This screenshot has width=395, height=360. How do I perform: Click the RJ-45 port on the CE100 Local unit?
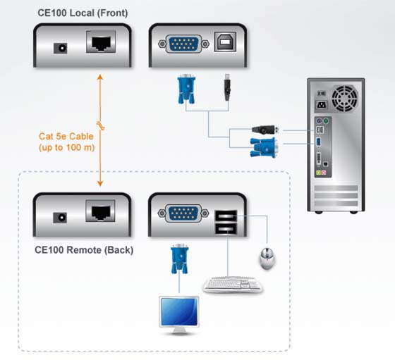click(x=101, y=42)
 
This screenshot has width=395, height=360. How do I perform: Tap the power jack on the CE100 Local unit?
click(x=61, y=48)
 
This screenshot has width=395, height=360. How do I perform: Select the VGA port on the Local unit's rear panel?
click(x=183, y=44)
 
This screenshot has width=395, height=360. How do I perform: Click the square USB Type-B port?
click(x=225, y=42)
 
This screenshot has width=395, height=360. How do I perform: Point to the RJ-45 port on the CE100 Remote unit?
click(x=100, y=211)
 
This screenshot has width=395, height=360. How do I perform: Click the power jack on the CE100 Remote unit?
click(x=60, y=218)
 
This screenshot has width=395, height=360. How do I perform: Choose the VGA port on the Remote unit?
click(x=183, y=213)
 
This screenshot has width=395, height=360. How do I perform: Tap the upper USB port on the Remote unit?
click(x=226, y=216)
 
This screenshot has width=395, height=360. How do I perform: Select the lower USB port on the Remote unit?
click(x=226, y=229)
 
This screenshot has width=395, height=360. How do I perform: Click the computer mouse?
click(x=267, y=259)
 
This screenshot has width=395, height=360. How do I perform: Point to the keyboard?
click(x=233, y=285)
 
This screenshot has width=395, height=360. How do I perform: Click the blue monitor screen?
click(x=179, y=311)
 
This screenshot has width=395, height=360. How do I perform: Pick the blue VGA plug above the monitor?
click(x=180, y=259)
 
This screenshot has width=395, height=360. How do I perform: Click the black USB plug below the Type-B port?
click(x=227, y=87)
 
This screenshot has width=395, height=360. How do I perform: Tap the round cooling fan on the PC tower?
click(x=345, y=99)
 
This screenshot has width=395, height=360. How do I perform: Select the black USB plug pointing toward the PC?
click(x=265, y=130)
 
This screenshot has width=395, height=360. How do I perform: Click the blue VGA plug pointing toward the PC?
click(x=265, y=148)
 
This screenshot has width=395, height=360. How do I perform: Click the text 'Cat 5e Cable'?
click(x=66, y=137)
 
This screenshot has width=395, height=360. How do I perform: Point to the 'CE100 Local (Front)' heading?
click(x=83, y=13)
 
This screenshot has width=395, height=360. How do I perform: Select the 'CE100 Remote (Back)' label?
click(x=84, y=250)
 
